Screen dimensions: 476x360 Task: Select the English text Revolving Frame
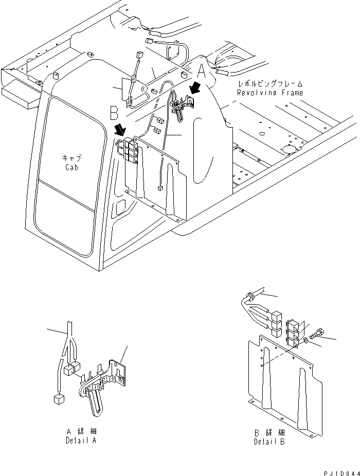[269, 93]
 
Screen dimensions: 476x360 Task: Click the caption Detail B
[270, 442]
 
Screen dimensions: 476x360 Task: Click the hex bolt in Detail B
[315, 335]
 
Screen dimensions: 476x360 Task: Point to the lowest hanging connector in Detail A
[58, 398]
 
